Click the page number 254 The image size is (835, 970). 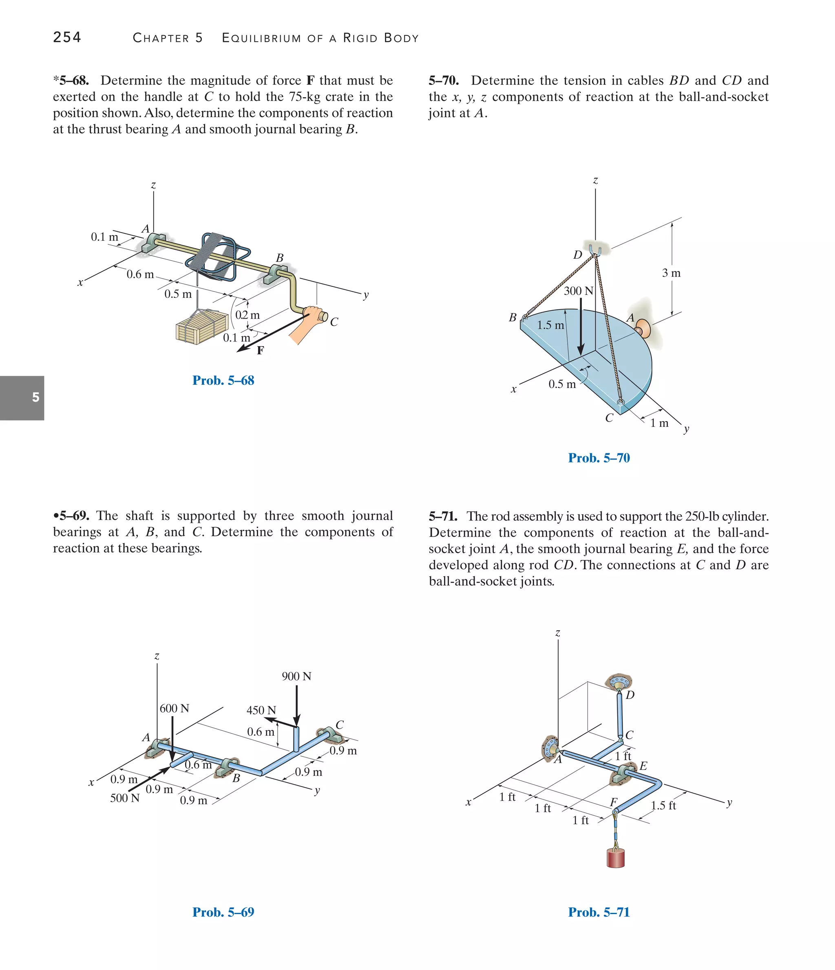[67, 37]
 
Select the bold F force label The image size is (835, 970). [261, 350]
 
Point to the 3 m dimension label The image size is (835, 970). [671, 273]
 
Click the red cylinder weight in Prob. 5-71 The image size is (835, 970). [616, 858]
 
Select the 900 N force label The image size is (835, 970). [296, 676]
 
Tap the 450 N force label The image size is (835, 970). [261, 710]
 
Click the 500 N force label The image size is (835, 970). [124, 798]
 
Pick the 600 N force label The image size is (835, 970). [175, 708]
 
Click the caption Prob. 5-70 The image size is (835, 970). [599, 458]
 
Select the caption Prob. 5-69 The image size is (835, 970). [223, 912]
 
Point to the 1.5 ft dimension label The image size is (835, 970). [663, 805]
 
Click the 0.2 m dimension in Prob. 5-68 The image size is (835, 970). [247, 315]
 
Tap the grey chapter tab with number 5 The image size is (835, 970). [22, 397]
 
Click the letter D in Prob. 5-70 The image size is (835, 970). [578, 255]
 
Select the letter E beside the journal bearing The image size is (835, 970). [643, 766]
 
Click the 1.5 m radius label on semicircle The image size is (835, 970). [550, 325]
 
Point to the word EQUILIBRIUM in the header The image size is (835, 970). [261, 38]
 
